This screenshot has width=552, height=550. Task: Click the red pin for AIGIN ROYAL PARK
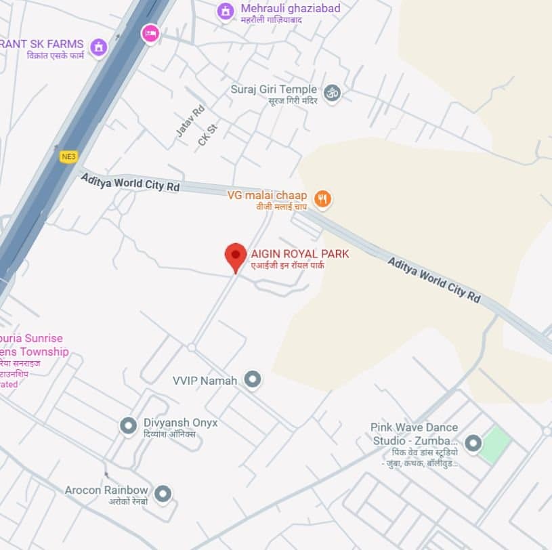(x=235, y=256)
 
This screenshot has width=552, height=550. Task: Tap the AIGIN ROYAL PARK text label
(x=300, y=254)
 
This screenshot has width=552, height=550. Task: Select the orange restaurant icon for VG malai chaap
(x=323, y=198)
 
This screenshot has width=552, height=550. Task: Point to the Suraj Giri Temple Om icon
(x=332, y=93)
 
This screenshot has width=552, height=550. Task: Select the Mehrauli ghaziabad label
(x=291, y=9)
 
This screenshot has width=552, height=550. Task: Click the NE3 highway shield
(x=68, y=156)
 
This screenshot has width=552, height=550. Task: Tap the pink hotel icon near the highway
(x=150, y=33)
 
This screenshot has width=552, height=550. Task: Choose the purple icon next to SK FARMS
(x=99, y=47)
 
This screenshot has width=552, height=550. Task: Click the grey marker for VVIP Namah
(x=253, y=379)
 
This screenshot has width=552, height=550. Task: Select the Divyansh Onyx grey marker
(x=128, y=425)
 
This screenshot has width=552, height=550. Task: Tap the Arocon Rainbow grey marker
(x=163, y=493)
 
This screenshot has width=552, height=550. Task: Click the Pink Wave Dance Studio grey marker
(x=473, y=444)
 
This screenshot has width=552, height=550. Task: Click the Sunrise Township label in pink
(x=34, y=345)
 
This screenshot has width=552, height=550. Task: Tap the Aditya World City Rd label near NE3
(x=130, y=182)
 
